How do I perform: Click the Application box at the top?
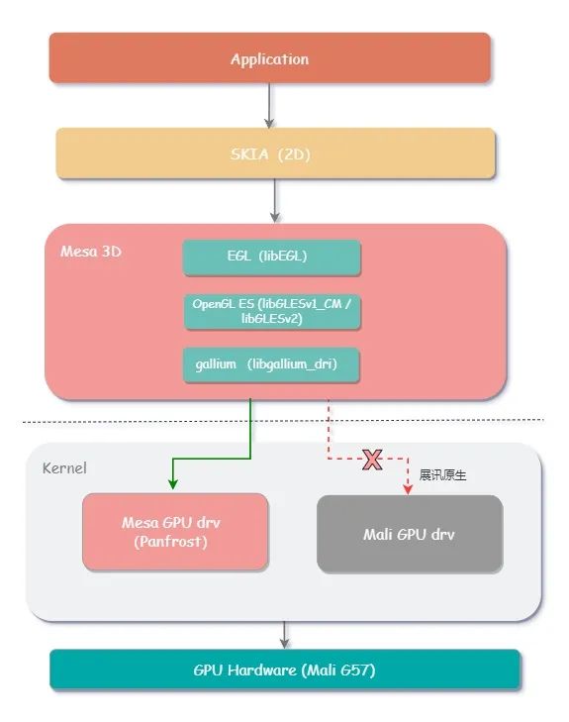point(269,58)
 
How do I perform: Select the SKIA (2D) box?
point(275,154)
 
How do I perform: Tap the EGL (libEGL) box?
point(271,257)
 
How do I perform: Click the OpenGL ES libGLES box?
point(272,312)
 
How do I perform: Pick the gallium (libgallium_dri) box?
point(271,364)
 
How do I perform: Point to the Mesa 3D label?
point(91,252)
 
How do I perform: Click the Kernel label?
point(64,468)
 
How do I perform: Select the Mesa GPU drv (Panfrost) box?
point(175,532)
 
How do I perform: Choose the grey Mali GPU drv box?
point(410,534)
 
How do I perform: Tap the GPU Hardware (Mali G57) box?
point(284,670)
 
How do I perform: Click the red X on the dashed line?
point(372,460)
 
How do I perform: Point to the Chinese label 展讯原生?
point(442,475)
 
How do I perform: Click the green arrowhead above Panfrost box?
point(172,483)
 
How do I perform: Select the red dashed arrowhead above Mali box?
point(408,489)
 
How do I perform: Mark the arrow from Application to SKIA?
point(269,106)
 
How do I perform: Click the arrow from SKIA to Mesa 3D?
point(275,201)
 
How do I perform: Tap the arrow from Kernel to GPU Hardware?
point(284,635)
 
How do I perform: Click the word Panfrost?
point(170,542)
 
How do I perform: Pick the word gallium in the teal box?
point(216,364)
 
